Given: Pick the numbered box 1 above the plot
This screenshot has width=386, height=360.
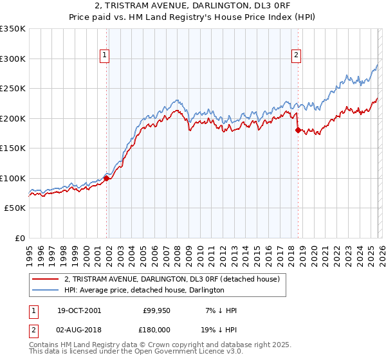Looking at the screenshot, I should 104,56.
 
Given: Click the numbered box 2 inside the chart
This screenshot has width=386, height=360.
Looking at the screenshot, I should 296,56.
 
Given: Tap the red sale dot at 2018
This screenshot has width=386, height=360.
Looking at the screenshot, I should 297,130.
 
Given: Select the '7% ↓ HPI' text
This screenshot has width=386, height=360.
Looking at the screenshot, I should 220,310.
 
